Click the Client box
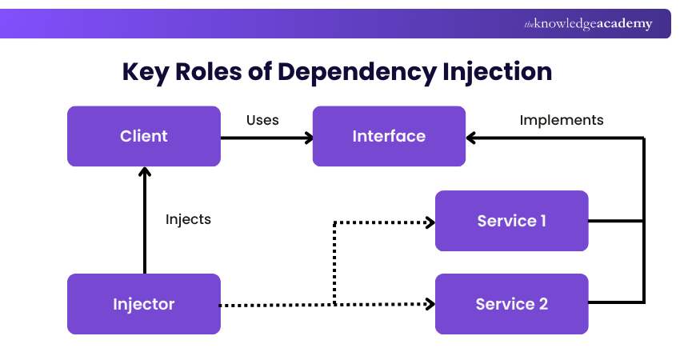click(x=144, y=136)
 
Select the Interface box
click(x=389, y=136)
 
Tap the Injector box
click(x=144, y=304)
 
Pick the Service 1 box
click(x=511, y=221)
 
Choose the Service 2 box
click(x=511, y=304)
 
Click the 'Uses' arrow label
click(x=262, y=120)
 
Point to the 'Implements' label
click(x=562, y=120)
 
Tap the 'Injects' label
click(x=188, y=218)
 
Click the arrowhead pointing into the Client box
click(x=144, y=172)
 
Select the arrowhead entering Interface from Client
click(x=307, y=138)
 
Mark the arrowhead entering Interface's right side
click(x=472, y=138)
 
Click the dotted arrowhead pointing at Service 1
click(x=430, y=222)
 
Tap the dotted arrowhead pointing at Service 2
click(x=430, y=305)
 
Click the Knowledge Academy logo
click(x=588, y=24)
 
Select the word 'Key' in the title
click(x=146, y=72)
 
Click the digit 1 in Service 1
click(x=542, y=221)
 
